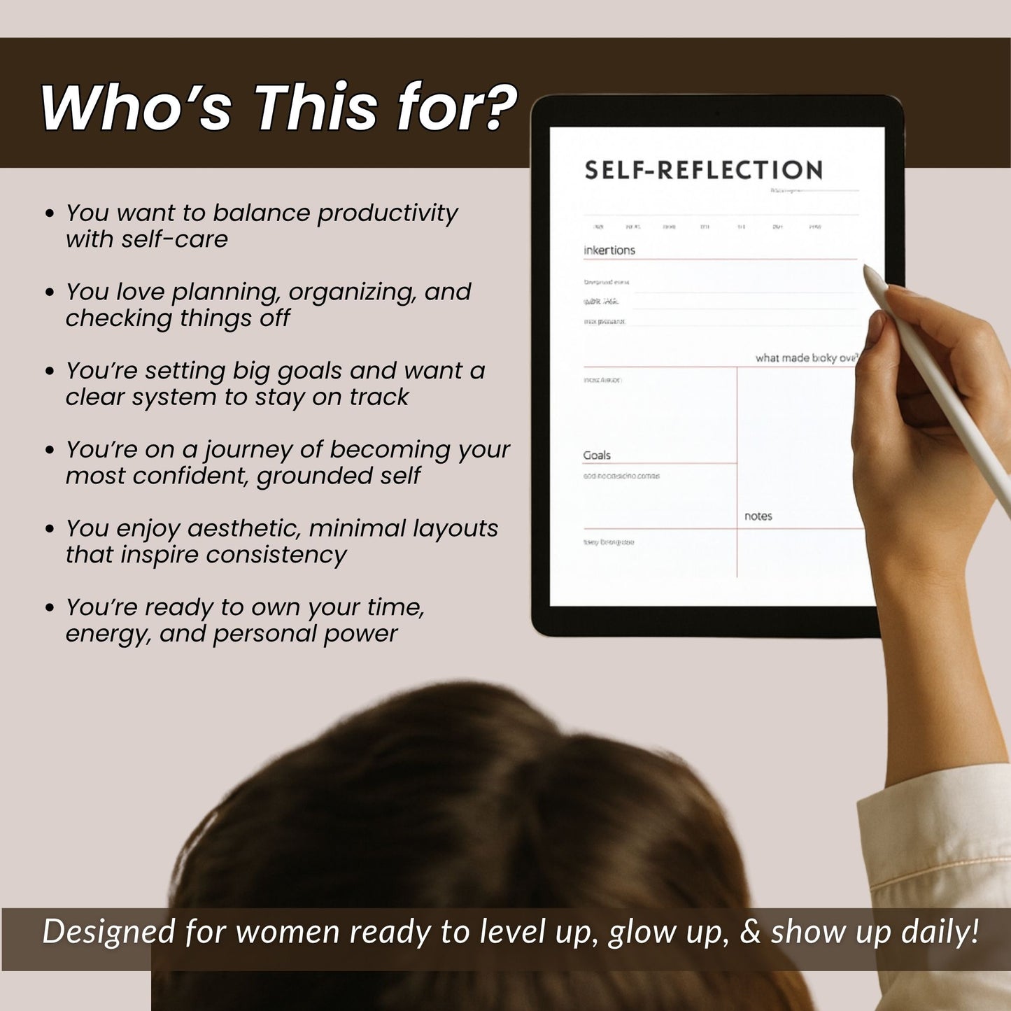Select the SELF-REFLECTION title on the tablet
tap(703, 170)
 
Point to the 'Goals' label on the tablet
tap(597, 455)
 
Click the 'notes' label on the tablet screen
tap(758, 516)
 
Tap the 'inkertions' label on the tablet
tap(609, 250)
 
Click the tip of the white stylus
tap(865, 267)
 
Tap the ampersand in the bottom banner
tap(750, 932)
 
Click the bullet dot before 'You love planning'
tap(50, 292)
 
